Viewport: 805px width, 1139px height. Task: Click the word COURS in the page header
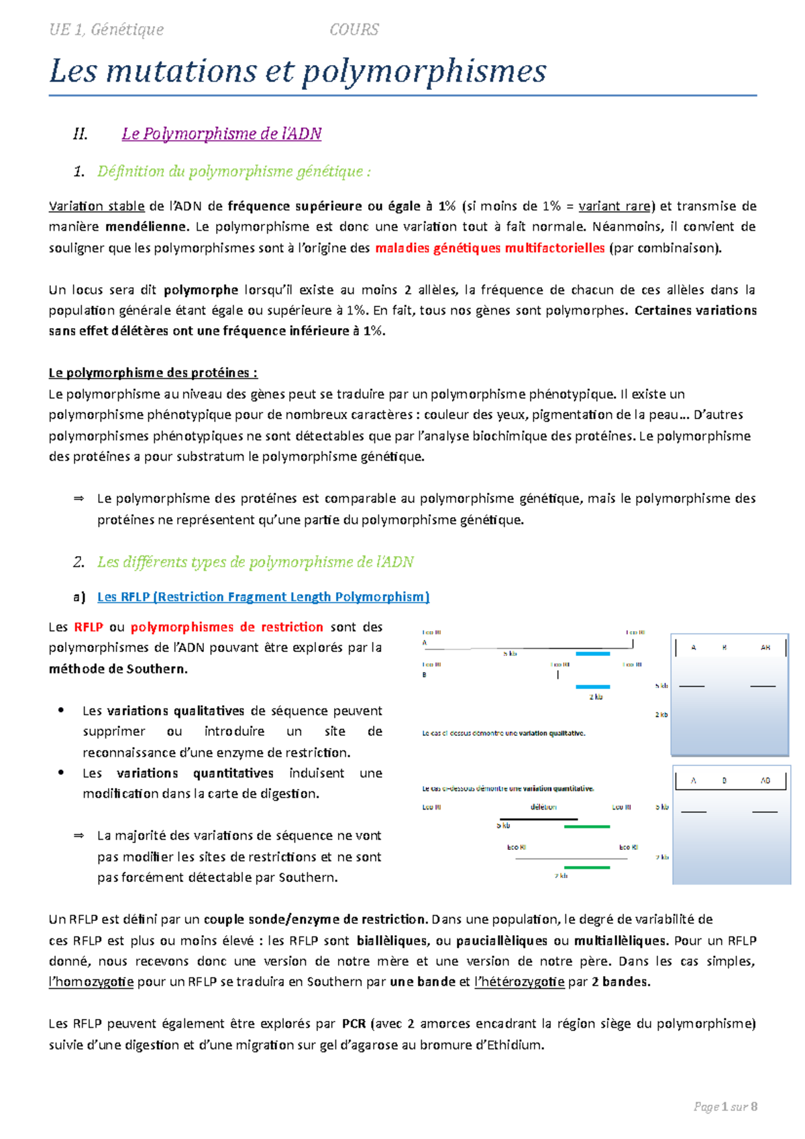[x=354, y=30]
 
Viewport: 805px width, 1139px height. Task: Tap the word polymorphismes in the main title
[x=424, y=71]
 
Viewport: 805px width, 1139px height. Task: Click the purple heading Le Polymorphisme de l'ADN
[x=221, y=133]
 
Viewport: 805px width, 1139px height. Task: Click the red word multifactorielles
[x=555, y=248]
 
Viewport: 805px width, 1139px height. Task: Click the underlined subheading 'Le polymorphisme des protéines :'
[x=153, y=373]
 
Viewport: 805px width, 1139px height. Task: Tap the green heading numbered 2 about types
[x=255, y=562]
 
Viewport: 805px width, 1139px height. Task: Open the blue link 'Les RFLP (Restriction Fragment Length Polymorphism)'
[x=263, y=597]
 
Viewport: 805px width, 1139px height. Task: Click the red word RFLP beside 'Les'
[x=89, y=627]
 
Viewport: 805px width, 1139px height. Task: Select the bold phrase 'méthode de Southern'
[x=117, y=669]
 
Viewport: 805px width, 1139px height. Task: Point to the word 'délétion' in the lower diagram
[x=543, y=807]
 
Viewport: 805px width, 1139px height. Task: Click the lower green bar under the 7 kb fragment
[x=587, y=867]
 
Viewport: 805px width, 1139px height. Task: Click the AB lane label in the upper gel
[x=765, y=648]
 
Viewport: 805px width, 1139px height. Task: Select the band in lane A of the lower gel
[x=694, y=812]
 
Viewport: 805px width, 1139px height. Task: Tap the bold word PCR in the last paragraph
[x=354, y=1024]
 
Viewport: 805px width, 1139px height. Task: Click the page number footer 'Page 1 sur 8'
[x=725, y=1107]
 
